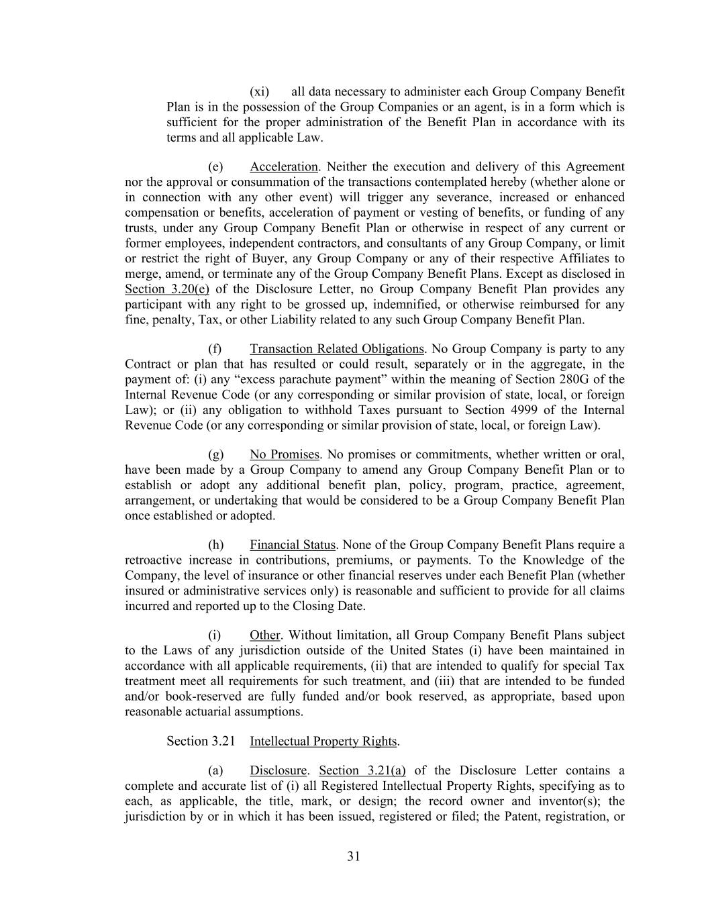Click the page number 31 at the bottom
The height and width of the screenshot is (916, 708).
tap(354, 856)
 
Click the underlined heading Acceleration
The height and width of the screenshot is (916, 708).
tap(283, 166)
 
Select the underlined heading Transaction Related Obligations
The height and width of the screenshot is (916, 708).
tap(336, 349)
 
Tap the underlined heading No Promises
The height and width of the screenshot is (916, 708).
tap(284, 454)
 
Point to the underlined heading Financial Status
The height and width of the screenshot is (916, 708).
tap(292, 545)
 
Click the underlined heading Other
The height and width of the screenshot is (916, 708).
tap(264, 635)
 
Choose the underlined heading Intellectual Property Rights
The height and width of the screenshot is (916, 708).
tap(323, 741)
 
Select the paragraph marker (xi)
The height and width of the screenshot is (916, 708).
tap(259, 91)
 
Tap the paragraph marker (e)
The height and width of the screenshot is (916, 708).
tap(215, 166)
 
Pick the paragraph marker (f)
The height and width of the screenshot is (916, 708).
tap(215, 349)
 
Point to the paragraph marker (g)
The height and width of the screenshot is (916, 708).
tap(215, 454)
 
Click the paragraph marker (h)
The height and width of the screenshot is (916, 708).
tap(215, 545)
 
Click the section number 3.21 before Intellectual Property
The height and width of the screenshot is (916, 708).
tap(223, 741)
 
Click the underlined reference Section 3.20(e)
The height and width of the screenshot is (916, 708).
tap(167, 289)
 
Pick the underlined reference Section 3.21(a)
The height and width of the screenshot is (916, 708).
tap(362, 770)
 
